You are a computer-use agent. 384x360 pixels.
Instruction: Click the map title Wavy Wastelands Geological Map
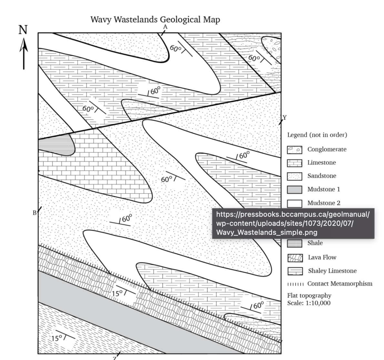click(155, 19)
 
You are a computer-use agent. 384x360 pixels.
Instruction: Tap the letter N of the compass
click(23, 30)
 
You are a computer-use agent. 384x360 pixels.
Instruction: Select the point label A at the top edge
click(165, 27)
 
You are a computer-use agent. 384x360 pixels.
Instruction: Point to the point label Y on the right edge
click(285, 117)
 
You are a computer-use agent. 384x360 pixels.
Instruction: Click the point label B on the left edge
click(34, 213)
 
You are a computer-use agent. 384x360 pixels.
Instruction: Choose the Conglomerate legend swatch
click(294, 150)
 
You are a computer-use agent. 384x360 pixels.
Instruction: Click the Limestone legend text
click(321, 163)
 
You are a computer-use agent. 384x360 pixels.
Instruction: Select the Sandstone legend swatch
click(294, 176)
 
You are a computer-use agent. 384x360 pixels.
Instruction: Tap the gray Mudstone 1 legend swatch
click(294, 190)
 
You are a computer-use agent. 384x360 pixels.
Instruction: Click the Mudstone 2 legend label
click(324, 203)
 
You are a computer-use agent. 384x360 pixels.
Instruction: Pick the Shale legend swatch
click(294, 243)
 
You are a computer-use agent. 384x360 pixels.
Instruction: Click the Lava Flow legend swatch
click(295, 258)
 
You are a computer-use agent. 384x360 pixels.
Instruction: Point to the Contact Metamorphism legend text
click(339, 284)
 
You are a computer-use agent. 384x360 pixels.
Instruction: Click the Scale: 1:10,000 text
click(308, 303)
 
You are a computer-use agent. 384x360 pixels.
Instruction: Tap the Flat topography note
click(309, 295)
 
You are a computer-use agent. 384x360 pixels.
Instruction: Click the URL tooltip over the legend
click(293, 223)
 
